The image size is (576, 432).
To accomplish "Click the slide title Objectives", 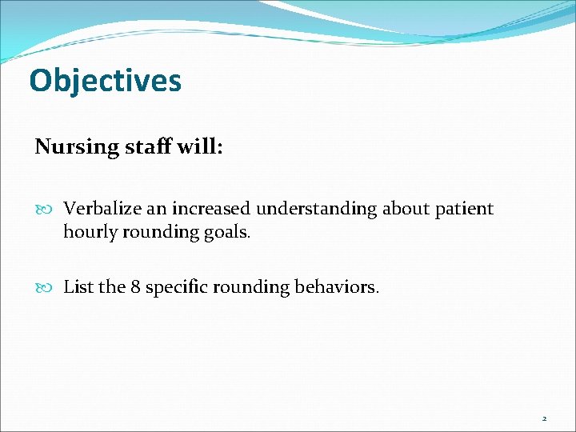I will click(x=105, y=81).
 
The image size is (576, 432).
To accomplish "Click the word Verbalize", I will click(x=100, y=209).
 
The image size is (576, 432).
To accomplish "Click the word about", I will click(x=406, y=209).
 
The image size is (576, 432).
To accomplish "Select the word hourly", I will click(x=88, y=232).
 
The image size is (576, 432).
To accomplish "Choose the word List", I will click(x=78, y=286).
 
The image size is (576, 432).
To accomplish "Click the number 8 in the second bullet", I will click(x=135, y=286).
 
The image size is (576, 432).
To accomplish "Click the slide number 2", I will click(x=544, y=418).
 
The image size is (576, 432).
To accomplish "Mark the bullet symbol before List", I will click(x=45, y=287).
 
